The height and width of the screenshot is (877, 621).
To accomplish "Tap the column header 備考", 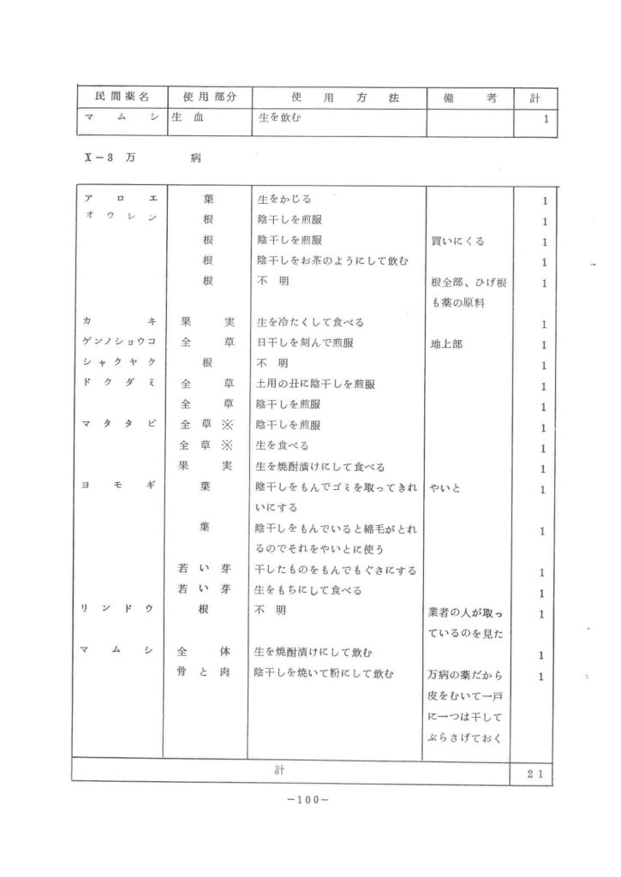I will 470,98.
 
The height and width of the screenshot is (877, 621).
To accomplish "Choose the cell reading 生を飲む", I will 280,120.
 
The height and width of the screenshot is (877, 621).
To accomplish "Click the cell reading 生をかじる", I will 284,199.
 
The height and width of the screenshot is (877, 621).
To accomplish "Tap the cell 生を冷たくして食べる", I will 311,324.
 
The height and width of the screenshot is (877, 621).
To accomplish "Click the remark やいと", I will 446,489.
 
